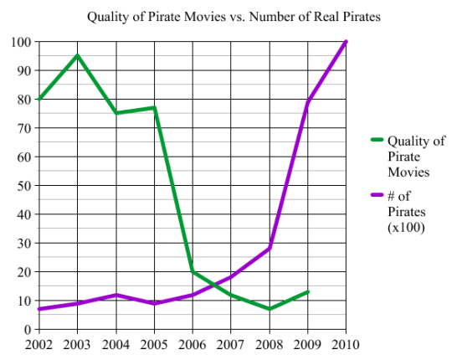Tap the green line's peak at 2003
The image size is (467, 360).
point(78,55)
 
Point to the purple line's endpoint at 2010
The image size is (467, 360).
point(346,42)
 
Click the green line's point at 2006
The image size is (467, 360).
point(192,271)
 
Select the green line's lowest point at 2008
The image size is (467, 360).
point(269,309)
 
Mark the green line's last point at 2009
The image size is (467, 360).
point(308,291)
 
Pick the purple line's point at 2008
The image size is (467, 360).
point(269,248)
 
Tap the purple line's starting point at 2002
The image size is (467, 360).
point(39,309)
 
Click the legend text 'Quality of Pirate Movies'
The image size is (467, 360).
point(416,156)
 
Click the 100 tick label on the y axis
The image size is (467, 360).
point(21,42)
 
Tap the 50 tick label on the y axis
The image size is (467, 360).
point(24,186)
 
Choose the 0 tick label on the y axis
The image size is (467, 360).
point(28,330)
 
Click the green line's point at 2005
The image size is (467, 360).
point(154,107)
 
